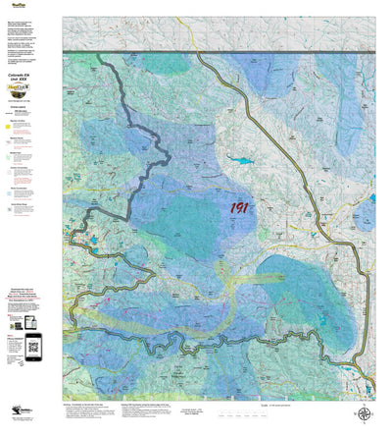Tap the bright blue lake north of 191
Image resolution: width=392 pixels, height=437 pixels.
coord(238,157)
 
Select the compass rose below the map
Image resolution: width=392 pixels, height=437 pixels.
coord(364,413)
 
